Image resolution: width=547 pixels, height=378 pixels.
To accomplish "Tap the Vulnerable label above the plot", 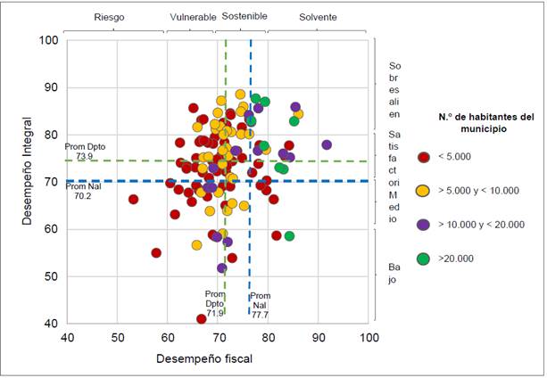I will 192,17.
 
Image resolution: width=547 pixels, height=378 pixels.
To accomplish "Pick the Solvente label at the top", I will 319,17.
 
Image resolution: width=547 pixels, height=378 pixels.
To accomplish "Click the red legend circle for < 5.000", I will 423,158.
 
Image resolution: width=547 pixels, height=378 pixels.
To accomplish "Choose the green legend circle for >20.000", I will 423,259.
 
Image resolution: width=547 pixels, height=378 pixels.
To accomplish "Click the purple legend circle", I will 423,225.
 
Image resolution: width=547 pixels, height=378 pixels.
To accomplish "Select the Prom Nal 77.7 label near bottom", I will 260,305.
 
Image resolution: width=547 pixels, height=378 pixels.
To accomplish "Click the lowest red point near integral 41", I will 202,319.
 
